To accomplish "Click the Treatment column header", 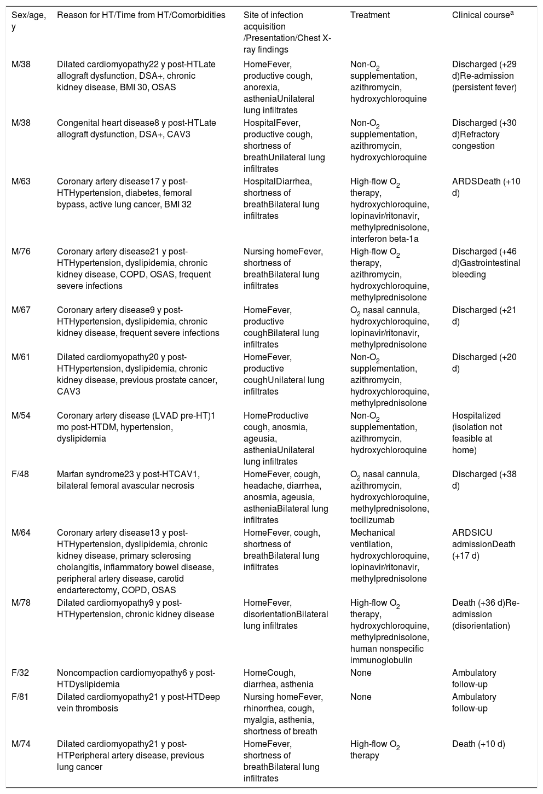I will [x=369, y=15].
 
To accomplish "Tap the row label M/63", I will [x=21, y=181].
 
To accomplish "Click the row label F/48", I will [x=21, y=474].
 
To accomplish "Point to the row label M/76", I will [x=21, y=251].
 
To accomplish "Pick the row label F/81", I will [x=21, y=697].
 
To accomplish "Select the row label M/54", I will [x=21, y=415].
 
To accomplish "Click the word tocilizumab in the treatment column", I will [x=372, y=520].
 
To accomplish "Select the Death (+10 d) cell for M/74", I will [x=478, y=744].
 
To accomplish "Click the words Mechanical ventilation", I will [x=372, y=538].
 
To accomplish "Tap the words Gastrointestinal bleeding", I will [x=486, y=269].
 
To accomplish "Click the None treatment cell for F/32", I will [x=361, y=673].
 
